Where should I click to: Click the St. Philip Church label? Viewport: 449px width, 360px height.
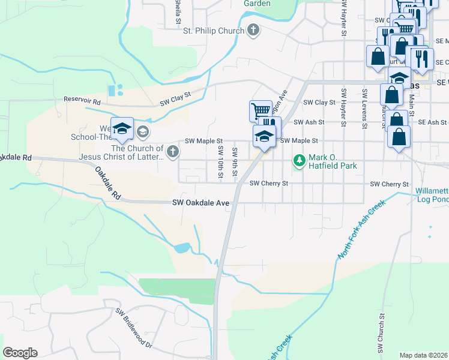click(213, 31)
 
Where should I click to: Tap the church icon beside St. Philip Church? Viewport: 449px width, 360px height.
click(253, 30)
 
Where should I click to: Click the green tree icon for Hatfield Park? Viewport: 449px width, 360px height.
click(299, 160)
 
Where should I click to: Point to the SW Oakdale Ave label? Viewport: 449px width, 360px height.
click(201, 203)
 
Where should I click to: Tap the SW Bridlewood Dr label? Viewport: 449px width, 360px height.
click(134, 329)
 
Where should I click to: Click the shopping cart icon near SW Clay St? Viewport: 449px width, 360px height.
click(260, 110)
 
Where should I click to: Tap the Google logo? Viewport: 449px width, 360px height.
click(20, 352)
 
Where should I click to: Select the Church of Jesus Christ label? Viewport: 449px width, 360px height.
click(137, 152)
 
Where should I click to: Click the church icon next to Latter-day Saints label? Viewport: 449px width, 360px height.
click(173, 151)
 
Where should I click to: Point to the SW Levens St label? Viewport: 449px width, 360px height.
click(364, 109)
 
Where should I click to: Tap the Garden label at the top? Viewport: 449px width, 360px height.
click(257, 4)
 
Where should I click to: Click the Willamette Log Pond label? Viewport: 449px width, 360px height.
click(432, 196)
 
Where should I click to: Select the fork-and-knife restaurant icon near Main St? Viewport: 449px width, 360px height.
click(423, 58)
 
